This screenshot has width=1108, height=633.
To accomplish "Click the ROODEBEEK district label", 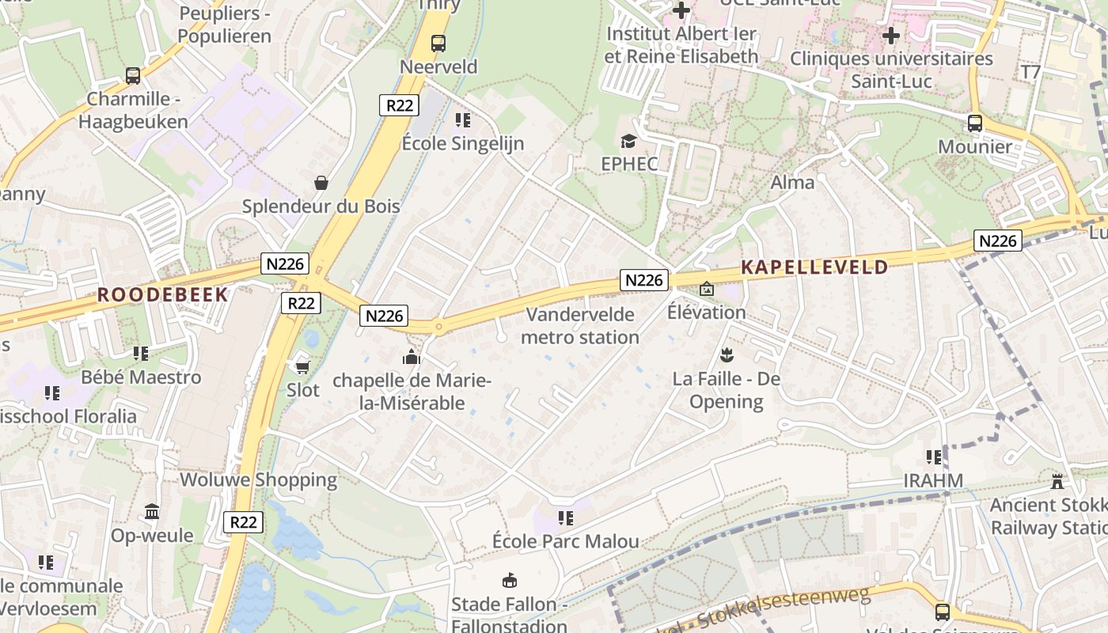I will [162, 295].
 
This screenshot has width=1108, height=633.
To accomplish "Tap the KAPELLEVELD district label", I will [814, 267].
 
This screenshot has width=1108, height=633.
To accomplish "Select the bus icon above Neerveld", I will [438, 43].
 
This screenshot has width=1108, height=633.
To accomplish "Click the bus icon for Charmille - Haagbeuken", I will [133, 76].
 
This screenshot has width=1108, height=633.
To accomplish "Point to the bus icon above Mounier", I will [974, 123].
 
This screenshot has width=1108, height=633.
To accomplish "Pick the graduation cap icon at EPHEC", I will [628, 141].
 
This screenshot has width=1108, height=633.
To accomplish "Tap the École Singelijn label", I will [463, 143].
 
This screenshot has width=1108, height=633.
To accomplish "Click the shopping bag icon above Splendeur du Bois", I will [321, 183].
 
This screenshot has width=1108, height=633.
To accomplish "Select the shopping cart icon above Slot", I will [302, 366].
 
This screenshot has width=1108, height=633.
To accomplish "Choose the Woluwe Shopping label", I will [258, 479].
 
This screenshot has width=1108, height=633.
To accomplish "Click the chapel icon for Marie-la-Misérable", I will [411, 358].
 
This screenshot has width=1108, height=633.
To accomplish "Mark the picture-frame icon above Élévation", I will [706, 290].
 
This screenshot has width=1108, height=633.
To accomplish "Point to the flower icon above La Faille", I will [726, 355].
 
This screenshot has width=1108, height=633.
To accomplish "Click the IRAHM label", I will [933, 480].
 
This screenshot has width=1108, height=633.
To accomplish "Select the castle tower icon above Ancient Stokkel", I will [1057, 481].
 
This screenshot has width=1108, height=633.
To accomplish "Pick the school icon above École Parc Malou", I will [565, 518].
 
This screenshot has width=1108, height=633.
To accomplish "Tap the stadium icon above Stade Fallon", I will [510, 581].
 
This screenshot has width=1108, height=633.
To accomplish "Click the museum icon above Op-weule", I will [152, 512].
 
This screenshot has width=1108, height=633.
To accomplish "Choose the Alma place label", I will [792, 183].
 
